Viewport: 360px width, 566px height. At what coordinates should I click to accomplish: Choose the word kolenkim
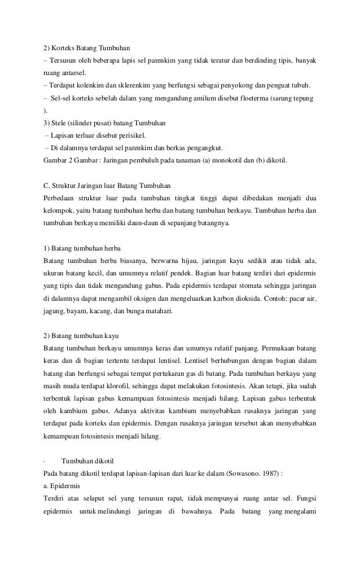click(86, 86)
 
